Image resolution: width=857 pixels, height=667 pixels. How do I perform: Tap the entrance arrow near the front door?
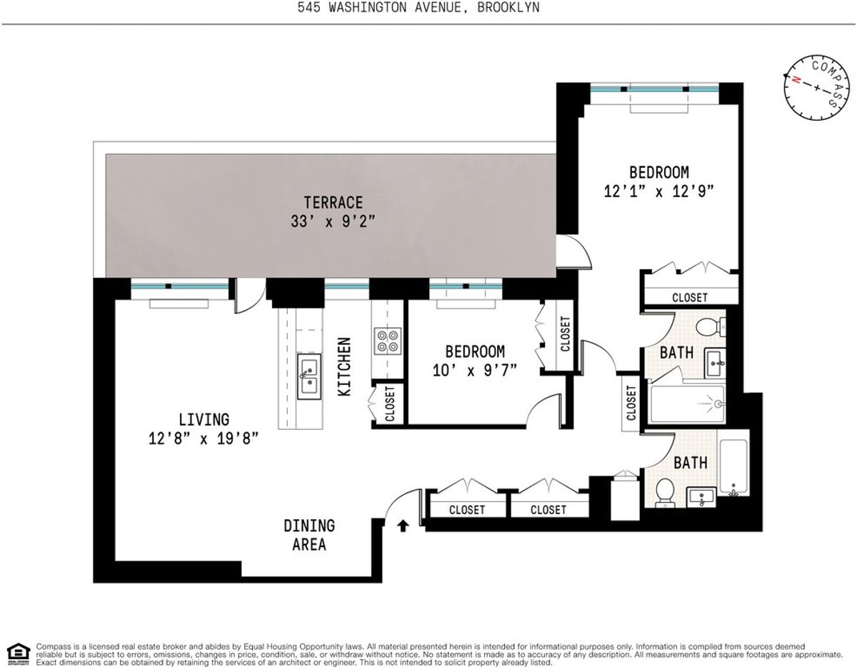coord(403,526)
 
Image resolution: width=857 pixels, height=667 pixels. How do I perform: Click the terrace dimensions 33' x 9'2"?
coord(332,221)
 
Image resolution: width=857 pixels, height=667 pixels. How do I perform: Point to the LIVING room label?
coord(204,418)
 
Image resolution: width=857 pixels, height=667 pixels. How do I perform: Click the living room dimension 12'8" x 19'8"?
coord(204,438)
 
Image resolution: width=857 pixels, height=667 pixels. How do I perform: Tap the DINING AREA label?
coord(309,535)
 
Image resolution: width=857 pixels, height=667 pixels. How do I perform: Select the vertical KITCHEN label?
coord(344,367)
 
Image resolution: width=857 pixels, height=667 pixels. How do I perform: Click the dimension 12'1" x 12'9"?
coord(658,191)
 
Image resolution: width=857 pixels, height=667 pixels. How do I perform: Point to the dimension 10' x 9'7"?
coord(474,370)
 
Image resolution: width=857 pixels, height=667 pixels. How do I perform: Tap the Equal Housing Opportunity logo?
coord(17,652)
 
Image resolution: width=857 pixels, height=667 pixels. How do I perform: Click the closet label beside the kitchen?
coord(390,404)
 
